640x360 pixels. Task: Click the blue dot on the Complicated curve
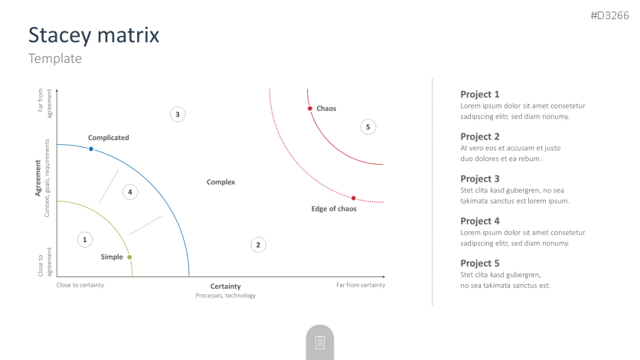pos(91,149)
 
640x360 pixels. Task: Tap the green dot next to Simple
pos(129,257)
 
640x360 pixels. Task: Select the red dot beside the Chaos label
pos(310,109)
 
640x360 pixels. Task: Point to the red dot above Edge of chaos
pos(354,198)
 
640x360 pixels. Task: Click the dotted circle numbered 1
pos(85,240)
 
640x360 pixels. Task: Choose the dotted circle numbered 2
pos(258,245)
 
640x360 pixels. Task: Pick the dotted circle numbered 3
pos(178,114)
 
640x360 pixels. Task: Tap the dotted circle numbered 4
pos(130,191)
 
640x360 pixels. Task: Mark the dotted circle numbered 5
pos(367,127)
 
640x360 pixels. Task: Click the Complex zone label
pos(220,182)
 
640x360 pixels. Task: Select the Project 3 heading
pos(479,178)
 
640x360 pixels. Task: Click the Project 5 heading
pos(479,263)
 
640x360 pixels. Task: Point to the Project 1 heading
pos(479,94)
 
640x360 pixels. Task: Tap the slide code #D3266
pos(609,15)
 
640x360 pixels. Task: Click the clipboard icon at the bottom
pos(320,342)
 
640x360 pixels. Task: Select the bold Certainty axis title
pos(225,286)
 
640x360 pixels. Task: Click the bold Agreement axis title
pos(38,178)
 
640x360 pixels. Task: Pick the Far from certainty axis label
pos(361,285)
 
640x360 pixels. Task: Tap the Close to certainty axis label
pos(80,285)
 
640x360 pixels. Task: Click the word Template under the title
pos(54,58)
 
